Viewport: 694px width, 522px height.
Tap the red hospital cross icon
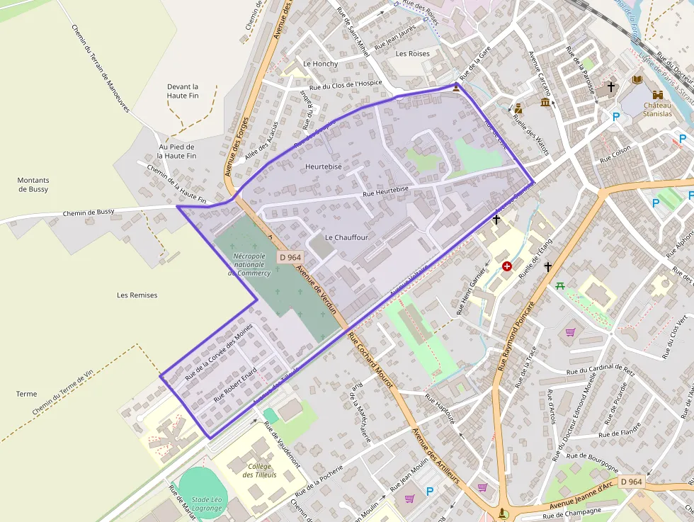tap(507, 266)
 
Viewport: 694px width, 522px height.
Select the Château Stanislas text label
tap(656, 109)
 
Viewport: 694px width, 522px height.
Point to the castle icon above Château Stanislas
tap(658, 94)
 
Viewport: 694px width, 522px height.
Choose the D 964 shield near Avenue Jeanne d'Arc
tap(631, 482)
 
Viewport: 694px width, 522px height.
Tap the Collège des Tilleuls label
tap(261, 470)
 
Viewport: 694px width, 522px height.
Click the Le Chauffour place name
tap(346, 237)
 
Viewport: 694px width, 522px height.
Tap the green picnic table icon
tap(560, 285)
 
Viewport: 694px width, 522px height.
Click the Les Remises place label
tap(137, 295)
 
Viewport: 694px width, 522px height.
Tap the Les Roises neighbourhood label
tap(412, 54)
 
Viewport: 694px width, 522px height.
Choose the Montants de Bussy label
tap(33, 185)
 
